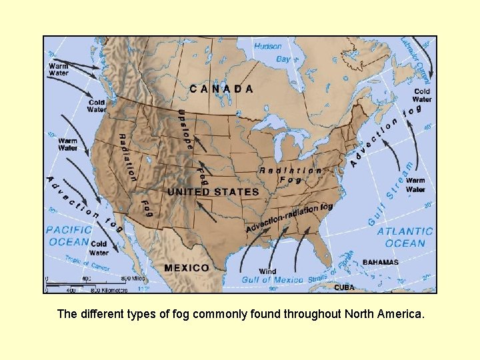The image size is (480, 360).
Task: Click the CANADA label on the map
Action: [221, 88]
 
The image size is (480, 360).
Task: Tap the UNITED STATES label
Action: [213, 192]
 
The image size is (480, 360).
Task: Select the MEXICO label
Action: [186, 268]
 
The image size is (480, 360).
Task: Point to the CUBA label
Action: [344, 287]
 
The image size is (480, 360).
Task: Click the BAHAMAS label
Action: [381, 262]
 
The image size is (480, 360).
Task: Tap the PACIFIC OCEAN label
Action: [68, 236]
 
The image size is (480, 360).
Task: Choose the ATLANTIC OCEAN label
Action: [405, 237]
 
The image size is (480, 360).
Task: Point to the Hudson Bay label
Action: [273, 53]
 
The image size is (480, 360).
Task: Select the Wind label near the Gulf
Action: [267, 271]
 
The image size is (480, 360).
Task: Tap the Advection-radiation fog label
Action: [289, 217]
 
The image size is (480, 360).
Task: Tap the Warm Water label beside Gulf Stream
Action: [415, 185]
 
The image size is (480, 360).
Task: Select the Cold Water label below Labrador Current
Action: [422, 95]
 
